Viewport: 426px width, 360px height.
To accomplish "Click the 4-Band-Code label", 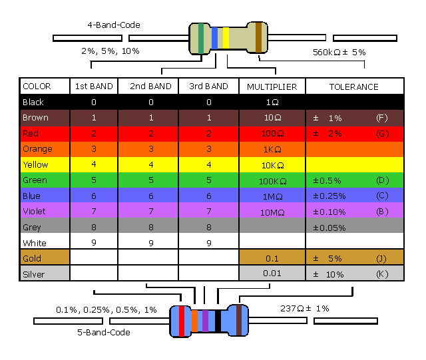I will pos(114,25).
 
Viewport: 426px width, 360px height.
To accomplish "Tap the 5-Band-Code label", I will pos(103,332).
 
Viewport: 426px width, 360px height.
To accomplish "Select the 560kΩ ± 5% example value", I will pos(339,52).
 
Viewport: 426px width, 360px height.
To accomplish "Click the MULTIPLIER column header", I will pos(272,87).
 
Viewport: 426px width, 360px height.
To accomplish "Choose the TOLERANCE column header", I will pos(354,87).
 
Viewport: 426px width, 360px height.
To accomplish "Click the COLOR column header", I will pos(37,87).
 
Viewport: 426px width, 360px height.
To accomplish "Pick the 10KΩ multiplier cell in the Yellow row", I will pos(272,165).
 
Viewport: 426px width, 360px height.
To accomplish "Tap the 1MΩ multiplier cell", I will pos(272,196).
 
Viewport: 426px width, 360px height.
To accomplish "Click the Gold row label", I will pos(32,258).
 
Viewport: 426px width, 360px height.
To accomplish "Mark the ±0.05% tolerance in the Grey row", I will pos(329,228).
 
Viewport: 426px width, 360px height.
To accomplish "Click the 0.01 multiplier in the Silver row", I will pos(272,273).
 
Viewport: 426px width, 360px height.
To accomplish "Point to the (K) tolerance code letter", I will pos(381,273).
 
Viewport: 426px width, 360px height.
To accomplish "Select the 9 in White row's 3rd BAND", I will pos(209,243).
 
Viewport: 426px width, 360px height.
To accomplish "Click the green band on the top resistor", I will pos(201,37).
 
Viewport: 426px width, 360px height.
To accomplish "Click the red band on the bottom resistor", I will pos(182,322).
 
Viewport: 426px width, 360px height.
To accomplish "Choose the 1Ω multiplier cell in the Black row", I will pos(272,102).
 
